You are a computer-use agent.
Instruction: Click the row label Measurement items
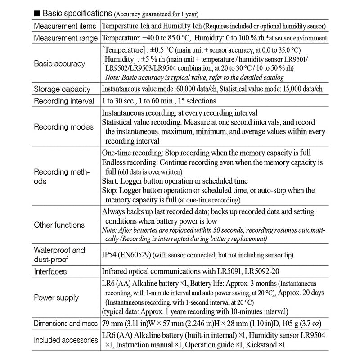click(x=65, y=26)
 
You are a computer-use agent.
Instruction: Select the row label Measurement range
click(x=65, y=38)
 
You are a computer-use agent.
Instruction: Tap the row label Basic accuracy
click(x=59, y=63)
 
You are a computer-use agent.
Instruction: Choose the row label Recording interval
click(x=64, y=101)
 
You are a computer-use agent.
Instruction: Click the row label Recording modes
click(x=63, y=126)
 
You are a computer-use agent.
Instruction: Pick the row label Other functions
click(x=59, y=225)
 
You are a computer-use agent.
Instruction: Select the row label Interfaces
click(x=50, y=271)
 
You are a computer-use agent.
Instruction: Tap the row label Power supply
click(x=56, y=297)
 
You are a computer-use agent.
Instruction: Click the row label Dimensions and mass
click(x=66, y=323)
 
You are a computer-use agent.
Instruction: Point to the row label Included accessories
click(x=66, y=340)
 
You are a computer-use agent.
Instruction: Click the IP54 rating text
click(x=111, y=255)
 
